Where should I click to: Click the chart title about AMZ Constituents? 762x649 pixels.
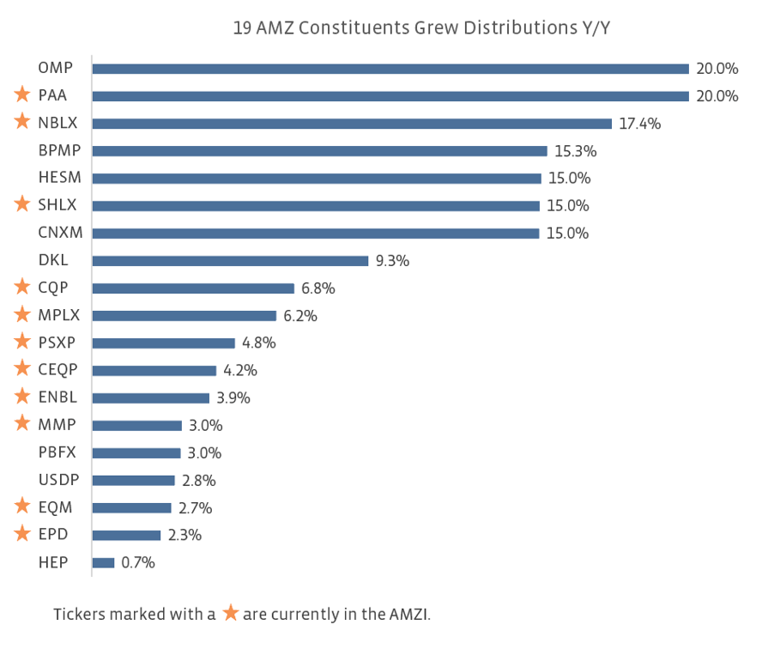pos(420,27)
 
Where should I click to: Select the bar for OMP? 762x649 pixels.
pos(390,69)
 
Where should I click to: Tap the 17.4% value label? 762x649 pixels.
pos(639,124)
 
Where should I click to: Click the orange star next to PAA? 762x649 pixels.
pos(22,95)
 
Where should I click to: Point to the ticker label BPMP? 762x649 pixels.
pos(59,151)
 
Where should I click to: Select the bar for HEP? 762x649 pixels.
pos(103,563)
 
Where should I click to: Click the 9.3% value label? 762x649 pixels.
pos(392,261)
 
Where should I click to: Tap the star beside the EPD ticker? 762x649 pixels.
pos(22,535)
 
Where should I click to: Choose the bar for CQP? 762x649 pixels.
pos(193,288)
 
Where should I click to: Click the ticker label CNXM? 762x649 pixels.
pos(59,234)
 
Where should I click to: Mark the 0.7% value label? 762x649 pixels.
pos(138,563)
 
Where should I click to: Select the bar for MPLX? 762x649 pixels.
pos(184,316)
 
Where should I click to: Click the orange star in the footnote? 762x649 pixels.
pos(230,613)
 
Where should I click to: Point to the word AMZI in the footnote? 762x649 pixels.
pos(416,615)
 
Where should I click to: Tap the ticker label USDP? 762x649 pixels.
pos(58,481)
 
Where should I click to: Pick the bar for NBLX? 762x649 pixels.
pos(352,124)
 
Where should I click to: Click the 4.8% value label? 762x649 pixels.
pos(259,343)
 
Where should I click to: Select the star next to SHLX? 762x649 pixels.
pos(22,205)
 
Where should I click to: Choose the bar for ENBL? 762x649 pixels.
pos(151,398)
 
